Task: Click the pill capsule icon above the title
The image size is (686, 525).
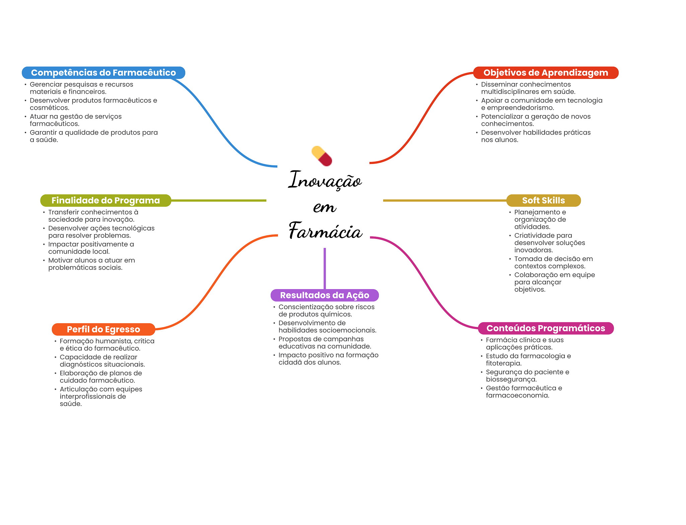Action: click(322, 156)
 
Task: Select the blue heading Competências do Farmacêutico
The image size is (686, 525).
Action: click(104, 73)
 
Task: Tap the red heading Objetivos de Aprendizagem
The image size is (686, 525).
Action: click(546, 73)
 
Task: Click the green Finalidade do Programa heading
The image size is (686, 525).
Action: click(106, 200)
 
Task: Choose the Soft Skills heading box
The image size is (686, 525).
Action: click(543, 200)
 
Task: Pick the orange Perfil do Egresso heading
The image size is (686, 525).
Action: click(103, 329)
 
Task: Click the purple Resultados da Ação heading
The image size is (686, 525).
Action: click(325, 295)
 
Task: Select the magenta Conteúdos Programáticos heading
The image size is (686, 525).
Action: click(546, 328)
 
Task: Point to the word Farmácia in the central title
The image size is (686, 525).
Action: click(326, 231)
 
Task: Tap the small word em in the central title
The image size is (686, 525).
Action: click(325, 207)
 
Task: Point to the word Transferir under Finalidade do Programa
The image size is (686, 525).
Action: click(64, 212)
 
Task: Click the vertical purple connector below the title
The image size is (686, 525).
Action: click(325, 268)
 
